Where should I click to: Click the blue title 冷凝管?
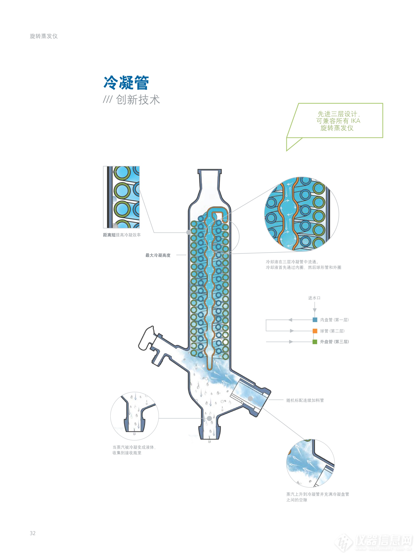point(126,83)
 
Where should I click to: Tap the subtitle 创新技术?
point(138,100)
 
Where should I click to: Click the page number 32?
point(33,533)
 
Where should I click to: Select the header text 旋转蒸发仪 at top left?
point(44,36)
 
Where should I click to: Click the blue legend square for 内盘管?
point(315,320)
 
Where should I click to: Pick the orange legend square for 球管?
point(315,331)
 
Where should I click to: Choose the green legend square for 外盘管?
point(315,342)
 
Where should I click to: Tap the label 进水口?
point(314,298)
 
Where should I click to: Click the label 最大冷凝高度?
point(158,255)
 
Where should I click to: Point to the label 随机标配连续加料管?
point(305,400)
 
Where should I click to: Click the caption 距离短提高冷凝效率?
point(122,235)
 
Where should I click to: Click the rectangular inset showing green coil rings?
point(121,197)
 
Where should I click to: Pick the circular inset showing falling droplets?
point(134,416)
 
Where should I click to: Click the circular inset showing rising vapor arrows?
point(310,463)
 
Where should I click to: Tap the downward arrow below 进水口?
point(315,307)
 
